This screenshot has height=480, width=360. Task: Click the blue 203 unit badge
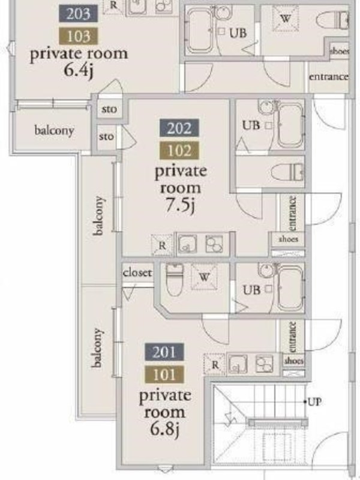click(79, 14)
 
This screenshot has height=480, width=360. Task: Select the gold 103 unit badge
click(79, 36)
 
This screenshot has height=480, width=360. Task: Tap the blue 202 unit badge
click(179, 128)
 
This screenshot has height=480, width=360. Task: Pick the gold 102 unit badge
click(179, 151)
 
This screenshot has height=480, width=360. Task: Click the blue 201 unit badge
click(164, 352)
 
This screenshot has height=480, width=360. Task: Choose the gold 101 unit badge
click(164, 374)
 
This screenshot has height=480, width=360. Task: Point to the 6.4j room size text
click(79, 70)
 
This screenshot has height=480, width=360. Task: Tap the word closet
click(137, 272)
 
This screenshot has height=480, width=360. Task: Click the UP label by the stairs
click(314, 401)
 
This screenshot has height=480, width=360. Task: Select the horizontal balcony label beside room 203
click(54, 131)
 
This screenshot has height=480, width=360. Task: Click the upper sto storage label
click(109, 109)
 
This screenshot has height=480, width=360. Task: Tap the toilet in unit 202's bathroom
click(287, 172)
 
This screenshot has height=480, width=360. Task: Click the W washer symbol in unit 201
click(204, 277)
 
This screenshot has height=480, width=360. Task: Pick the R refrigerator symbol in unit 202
click(162, 245)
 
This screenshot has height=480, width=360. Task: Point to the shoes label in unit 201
click(293, 361)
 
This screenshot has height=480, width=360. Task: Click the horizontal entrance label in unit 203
click(328, 77)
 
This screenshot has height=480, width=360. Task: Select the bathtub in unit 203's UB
click(199, 31)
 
